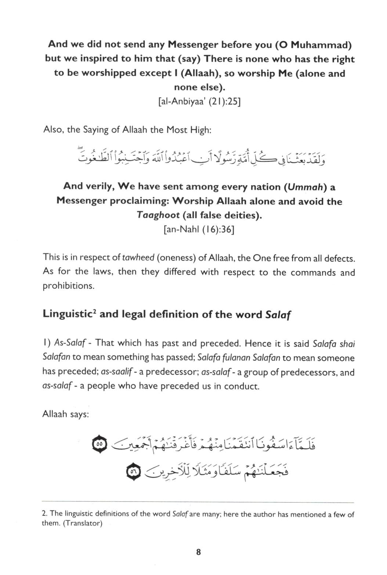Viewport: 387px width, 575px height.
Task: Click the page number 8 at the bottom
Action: click(x=198, y=552)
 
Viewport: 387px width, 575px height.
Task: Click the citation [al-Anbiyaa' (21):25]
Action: click(x=199, y=101)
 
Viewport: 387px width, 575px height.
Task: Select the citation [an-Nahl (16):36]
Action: click(x=199, y=230)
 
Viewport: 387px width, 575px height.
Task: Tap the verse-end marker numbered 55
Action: click(x=99, y=444)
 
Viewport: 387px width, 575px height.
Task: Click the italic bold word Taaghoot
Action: click(x=158, y=215)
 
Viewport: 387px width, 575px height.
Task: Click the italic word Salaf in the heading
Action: click(x=278, y=315)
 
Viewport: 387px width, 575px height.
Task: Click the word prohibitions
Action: click(x=68, y=286)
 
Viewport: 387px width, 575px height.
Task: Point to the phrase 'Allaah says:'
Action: click(x=66, y=414)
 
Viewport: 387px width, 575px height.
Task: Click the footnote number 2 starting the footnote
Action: click(x=44, y=514)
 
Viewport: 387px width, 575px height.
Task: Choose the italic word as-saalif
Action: click(x=116, y=372)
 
